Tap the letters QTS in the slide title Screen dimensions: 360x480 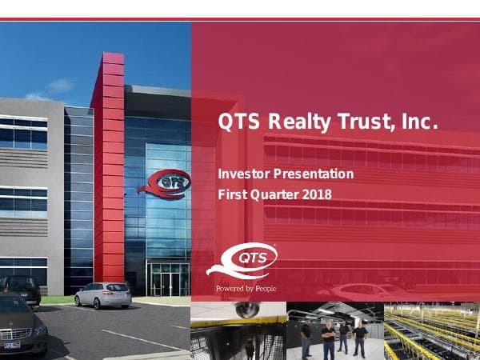pyautogui.click(x=240, y=123)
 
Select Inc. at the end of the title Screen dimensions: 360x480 pyautogui.click(x=419, y=123)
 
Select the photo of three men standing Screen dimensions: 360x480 pyautogui.click(x=334, y=331)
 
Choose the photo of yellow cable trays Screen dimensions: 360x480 pyautogui.click(x=432, y=331)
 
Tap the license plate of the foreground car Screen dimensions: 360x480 pyautogui.click(x=10, y=344)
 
